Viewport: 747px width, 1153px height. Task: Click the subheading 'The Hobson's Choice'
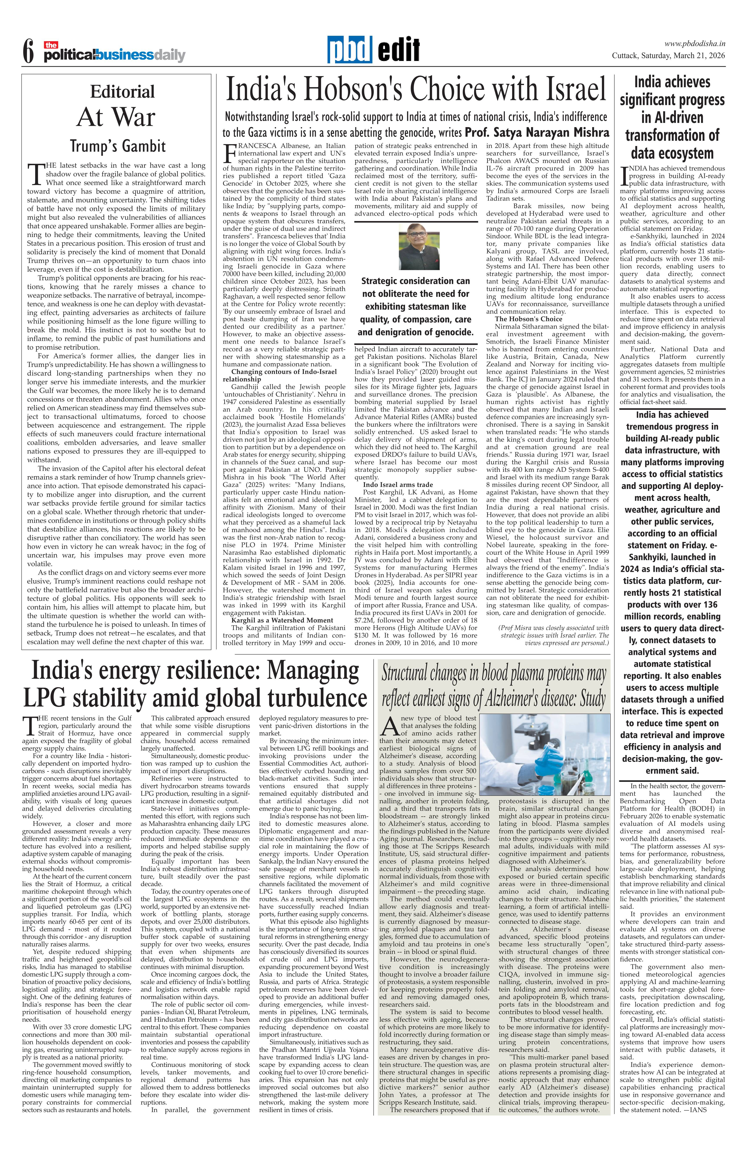pyautogui.click(x=528, y=319)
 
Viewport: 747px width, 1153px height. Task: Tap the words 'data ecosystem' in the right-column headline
pyautogui.click(x=672, y=153)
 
